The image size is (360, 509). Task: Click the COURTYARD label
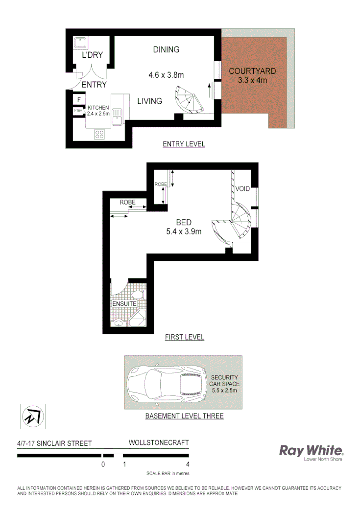click(252, 71)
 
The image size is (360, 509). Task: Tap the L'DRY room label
click(92, 55)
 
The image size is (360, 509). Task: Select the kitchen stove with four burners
click(100, 134)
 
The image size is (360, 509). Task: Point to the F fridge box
click(78, 100)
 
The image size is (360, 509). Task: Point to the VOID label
click(243, 189)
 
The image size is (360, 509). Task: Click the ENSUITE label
click(124, 303)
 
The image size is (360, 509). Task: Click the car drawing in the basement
click(164, 382)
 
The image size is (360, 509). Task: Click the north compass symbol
click(32, 416)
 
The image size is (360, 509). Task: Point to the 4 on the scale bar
click(188, 464)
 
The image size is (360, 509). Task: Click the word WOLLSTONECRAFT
click(158, 442)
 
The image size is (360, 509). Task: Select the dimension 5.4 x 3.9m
click(184, 232)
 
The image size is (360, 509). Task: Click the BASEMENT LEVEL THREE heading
click(184, 416)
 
